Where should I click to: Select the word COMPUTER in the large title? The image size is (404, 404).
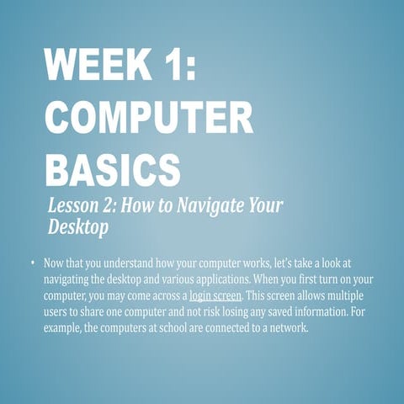149,117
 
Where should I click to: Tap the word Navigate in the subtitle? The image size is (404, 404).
207,205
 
